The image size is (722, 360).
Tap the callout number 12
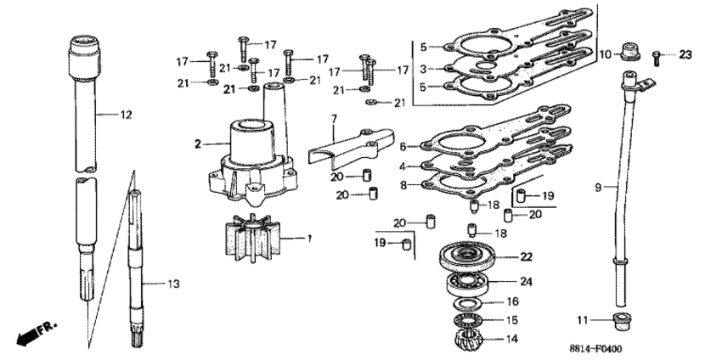(x=127, y=115)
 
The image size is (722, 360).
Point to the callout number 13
(x=173, y=284)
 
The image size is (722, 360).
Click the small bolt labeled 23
(x=657, y=59)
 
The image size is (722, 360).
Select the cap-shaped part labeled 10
(x=629, y=52)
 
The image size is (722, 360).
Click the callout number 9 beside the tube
(x=598, y=188)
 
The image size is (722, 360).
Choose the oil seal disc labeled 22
(x=467, y=257)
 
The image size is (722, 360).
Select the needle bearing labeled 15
(x=467, y=320)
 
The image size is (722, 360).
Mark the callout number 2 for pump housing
(x=198, y=144)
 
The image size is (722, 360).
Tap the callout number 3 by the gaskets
(x=423, y=69)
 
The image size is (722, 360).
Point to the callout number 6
(x=403, y=147)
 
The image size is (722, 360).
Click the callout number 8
(x=403, y=186)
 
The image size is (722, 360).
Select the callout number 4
(x=402, y=166)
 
